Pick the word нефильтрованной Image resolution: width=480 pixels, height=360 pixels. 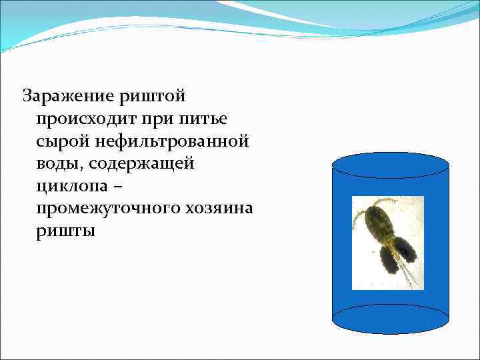click(x=173, y=142)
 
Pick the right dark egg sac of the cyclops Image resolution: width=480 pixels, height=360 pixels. click(x=406, y=249)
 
